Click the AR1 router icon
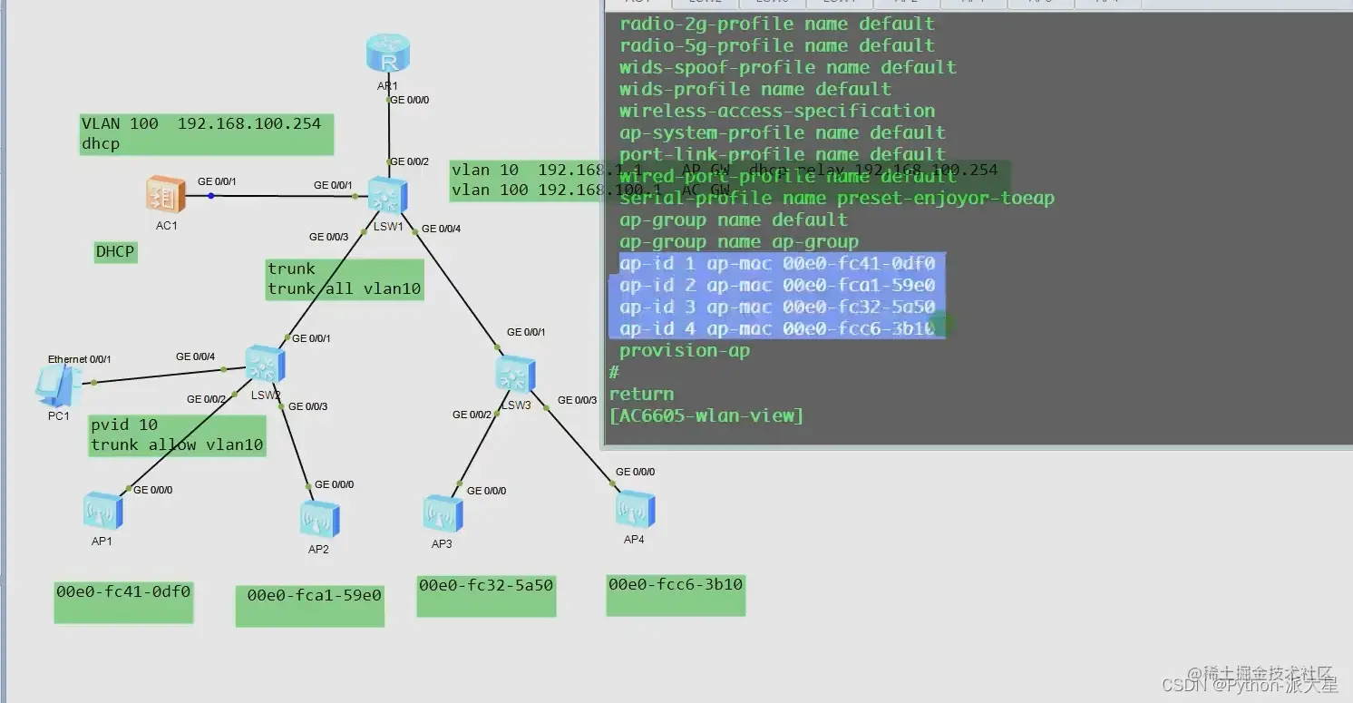388,54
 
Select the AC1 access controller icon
166,194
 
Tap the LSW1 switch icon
388,196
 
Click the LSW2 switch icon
266,365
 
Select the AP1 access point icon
102,511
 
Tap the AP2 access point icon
319,519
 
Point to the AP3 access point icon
443,514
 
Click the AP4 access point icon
634,510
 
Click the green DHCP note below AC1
115,251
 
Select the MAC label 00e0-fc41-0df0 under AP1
123,592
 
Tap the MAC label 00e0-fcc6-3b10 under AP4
676,585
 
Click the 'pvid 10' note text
124,425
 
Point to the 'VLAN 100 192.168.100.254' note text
201,124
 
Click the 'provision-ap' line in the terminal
685,350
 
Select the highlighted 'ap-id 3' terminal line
777,307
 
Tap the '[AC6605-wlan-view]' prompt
706,415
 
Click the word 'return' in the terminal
641,394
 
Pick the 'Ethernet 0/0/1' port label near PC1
80,359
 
